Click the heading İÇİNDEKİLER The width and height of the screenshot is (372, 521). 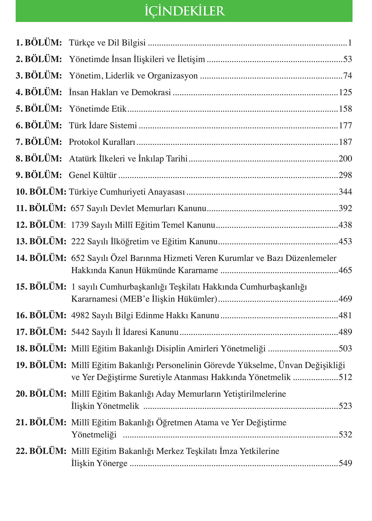pos(184,11)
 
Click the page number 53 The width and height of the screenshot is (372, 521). pos(348,59)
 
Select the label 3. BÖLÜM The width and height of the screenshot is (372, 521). pos(39,76)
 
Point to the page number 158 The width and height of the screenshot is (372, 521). pos(345,109)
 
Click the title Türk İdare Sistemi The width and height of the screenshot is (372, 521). pos(103,125)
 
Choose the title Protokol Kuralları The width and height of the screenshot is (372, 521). pos(102,142)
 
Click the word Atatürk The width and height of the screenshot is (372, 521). pos(82,159)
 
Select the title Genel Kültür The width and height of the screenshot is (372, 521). pos(93,175)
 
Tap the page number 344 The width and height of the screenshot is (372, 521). pos(345,192)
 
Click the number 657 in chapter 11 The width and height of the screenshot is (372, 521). pos(77,208)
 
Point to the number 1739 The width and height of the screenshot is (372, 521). pos(80,225)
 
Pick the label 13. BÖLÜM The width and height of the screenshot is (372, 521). pos(41,242)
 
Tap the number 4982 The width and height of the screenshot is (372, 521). pos(80,316)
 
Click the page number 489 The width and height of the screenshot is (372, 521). pos(345,332)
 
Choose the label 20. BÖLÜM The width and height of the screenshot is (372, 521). pos(41,394)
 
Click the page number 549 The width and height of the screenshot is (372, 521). pos(345,463)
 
